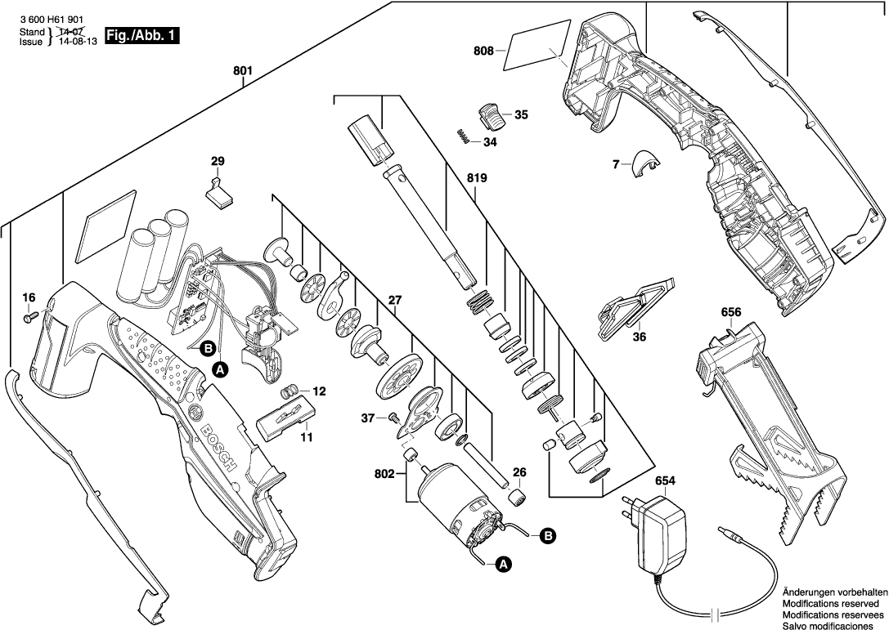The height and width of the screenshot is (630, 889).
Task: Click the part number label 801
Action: click(x=242, y=72)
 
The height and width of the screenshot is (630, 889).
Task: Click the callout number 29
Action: click(x=217, y=161)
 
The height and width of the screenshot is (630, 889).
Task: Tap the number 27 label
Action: click(x=395, y=300)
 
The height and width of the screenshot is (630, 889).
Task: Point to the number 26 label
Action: click(x=519, y=471)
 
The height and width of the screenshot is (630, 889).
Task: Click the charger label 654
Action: click(x=665, y=481)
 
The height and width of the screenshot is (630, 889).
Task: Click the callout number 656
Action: click(x=731, y=312)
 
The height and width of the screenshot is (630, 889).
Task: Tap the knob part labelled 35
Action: click(x=491, y=114)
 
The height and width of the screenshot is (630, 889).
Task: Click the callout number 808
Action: click(x=483, y=51)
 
